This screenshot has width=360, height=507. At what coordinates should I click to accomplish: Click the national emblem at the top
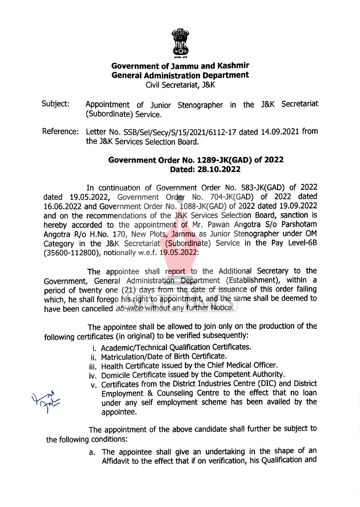pyautogui.click(x=180, y=43)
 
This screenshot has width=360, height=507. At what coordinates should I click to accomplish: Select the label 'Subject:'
pyautogui.click(x=56, y=104)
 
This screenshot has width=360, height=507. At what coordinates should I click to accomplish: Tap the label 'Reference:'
pyautogui.click(x=61, y=132)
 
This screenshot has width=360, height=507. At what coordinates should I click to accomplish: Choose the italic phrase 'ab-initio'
pyautogui.click(x=129, y=308)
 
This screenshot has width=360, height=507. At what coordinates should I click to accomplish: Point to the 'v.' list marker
pyautogui.click(x=94, y=385)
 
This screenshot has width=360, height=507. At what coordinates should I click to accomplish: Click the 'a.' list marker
pyautogui.click(x=92, y=452)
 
